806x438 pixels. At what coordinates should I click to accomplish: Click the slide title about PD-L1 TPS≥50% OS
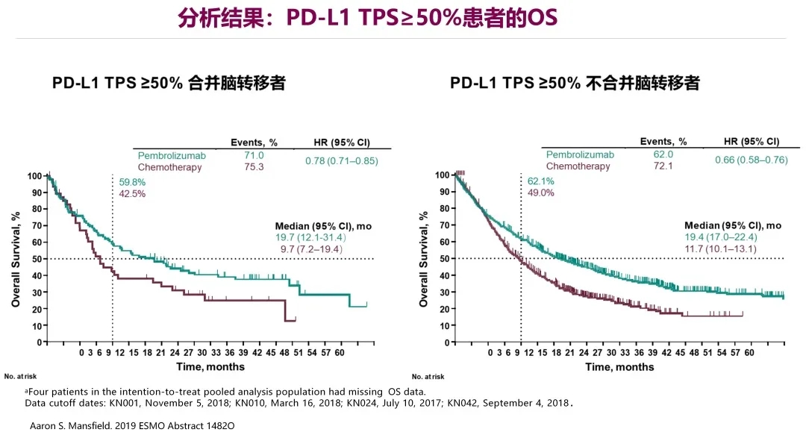tap(367, 17)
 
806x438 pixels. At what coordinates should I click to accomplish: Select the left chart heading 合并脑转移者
tap(169, 83)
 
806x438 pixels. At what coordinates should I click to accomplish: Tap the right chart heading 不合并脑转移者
tap(575, 83)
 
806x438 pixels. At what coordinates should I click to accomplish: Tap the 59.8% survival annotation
tap(132, 182)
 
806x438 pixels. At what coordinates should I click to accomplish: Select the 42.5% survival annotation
tap(132, 194)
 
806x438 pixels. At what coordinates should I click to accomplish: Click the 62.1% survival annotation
tap(540, 181)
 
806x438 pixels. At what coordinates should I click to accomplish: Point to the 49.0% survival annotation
tap(540, 193)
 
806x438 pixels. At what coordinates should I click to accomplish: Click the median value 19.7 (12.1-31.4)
tap(310, 237)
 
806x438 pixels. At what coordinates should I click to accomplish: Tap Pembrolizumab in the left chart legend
tap(172, 156)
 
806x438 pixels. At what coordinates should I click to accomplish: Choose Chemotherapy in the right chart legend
tap(578, 166)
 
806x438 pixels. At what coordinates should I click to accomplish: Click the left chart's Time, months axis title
tap(210, 366)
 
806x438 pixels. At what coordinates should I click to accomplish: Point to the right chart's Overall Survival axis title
tap(423, 259)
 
